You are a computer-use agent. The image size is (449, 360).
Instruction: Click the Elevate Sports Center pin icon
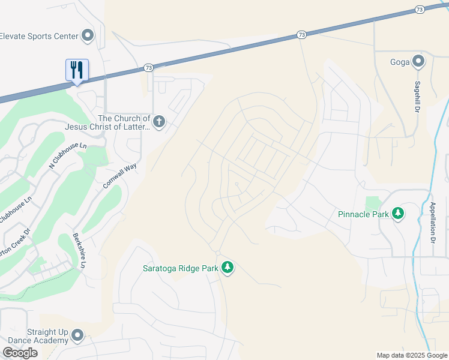pos(88,36)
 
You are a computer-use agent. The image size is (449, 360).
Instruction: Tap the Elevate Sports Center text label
pos(39,36)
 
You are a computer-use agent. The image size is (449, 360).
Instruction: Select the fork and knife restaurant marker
pos(77,70)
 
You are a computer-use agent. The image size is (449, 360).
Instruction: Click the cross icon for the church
pos(159,122)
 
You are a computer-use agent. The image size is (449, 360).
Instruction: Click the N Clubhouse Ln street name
pos(68,154)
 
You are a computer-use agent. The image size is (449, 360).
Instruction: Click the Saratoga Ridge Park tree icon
pos(227,267)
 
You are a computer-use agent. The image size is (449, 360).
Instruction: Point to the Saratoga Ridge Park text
pos(180,268)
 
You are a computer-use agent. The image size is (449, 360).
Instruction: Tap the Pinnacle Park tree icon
pos(397,214)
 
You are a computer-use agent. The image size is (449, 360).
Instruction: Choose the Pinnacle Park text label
pos(363,214)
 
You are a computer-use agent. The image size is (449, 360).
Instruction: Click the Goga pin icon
pos(418,61)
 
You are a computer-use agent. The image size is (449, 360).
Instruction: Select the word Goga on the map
pos(400,61)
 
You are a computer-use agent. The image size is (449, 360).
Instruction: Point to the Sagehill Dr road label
pos(415,97)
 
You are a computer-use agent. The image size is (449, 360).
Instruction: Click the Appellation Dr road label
pos(432,222)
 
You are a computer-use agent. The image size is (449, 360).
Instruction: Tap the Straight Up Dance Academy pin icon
pos(77,335)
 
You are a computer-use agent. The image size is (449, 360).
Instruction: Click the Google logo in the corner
pos(20,353)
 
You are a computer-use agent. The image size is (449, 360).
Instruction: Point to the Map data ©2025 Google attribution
pos(412,355)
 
